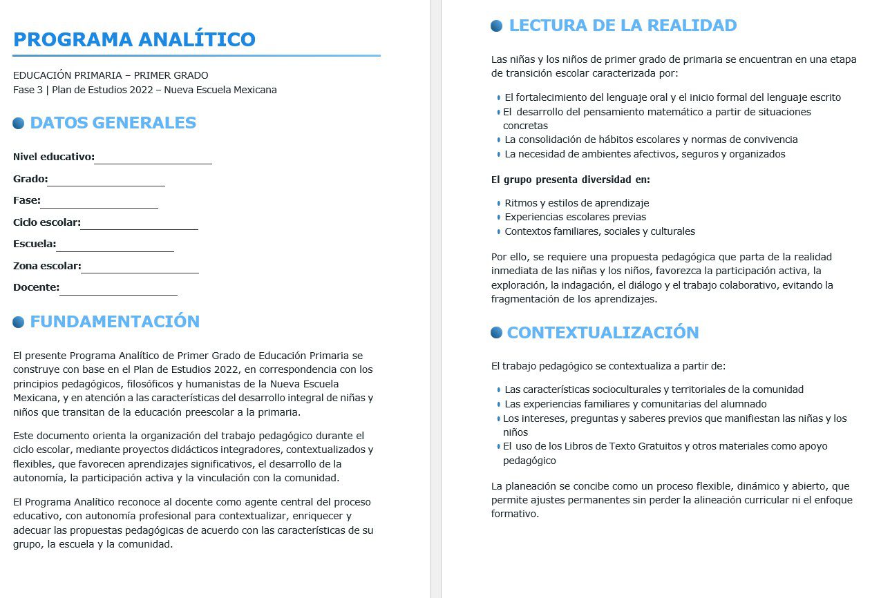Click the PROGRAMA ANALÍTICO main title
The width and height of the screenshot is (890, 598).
[134, 39]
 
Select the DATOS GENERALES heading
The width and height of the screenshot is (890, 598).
[113, 123]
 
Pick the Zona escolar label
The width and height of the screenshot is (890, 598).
[47, 266]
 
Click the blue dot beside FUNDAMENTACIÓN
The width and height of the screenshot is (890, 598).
[19, 322]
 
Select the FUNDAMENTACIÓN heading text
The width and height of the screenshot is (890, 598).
[115, 322]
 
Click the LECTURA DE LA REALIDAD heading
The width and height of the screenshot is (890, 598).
[623, 26]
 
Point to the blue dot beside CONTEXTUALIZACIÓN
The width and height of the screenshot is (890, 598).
[496, 333]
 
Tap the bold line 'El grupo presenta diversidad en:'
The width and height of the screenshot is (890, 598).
[570, 180]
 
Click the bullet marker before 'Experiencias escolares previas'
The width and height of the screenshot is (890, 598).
[498, 218]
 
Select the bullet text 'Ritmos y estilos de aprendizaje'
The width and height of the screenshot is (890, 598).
[576, 203]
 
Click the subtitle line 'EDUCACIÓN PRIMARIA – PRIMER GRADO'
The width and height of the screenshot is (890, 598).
[111, 75]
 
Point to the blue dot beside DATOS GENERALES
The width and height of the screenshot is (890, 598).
[19, 124]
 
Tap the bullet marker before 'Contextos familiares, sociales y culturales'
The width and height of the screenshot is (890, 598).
[498, 232]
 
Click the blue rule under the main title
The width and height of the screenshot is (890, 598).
[196, 55]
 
